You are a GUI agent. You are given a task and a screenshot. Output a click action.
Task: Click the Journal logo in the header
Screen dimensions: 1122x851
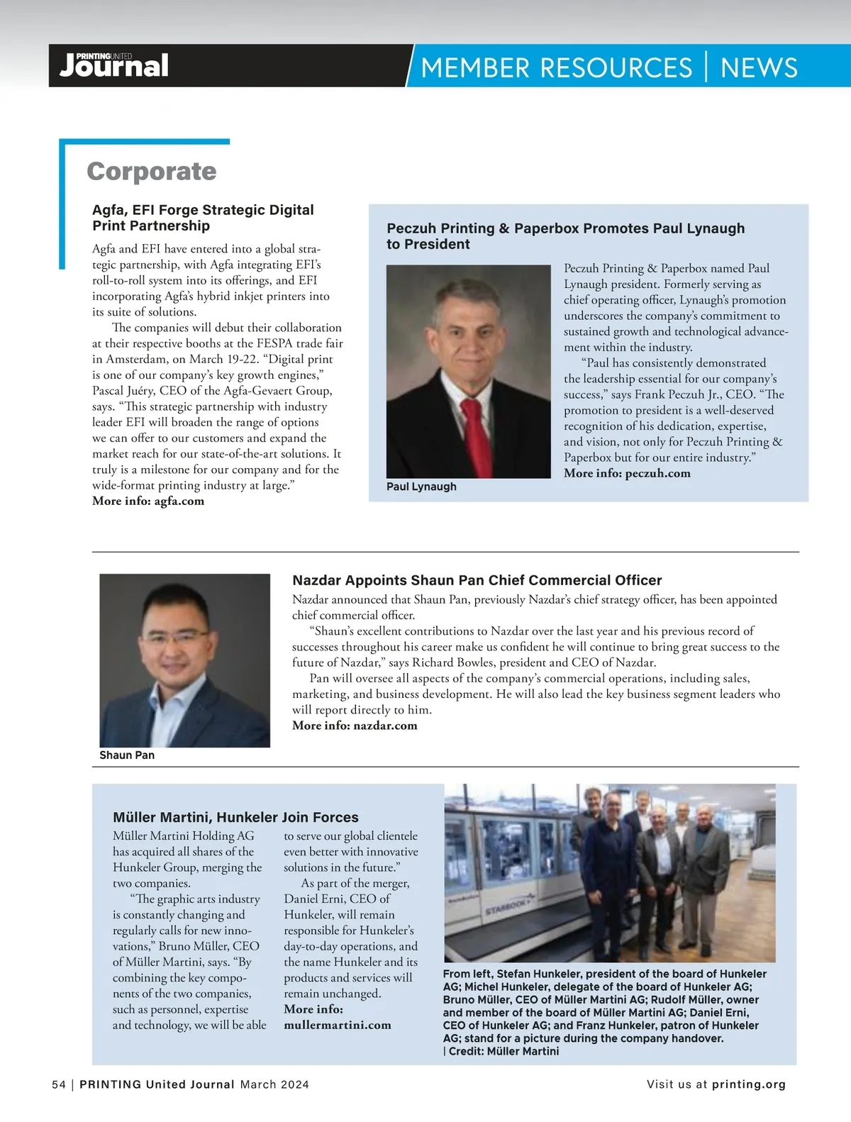click(x=113, y=66)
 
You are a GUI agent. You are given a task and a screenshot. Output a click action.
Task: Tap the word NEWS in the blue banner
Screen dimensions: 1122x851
click(x=759, y=68)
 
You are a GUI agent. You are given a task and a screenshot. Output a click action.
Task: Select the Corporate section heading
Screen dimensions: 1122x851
click(x=151, y=172)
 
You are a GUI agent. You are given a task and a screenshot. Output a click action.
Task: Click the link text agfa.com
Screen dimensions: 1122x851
click(x=179, y=501)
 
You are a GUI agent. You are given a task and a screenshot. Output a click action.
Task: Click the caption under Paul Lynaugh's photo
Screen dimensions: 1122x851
click(x=421, y=487)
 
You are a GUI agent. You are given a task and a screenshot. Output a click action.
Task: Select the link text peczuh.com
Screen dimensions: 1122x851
click(x=657, y=473)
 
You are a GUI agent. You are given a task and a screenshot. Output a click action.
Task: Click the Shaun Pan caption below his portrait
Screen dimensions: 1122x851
click(x=127, y=755)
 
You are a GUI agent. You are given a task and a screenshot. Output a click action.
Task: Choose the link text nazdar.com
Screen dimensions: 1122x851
click(x=385, y=726)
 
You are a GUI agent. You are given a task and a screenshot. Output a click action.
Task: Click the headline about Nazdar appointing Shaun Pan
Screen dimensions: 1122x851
click(x=477, y=580)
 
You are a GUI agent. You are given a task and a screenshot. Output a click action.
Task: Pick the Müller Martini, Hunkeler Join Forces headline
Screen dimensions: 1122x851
click(x=235, y=817)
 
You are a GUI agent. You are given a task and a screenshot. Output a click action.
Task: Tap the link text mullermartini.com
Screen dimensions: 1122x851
click(x=338, y=1025)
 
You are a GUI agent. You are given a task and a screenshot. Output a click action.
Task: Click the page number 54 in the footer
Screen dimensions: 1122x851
click(x=59, y=1084)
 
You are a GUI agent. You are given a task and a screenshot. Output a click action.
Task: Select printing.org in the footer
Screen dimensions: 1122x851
click(x=749, y=1084)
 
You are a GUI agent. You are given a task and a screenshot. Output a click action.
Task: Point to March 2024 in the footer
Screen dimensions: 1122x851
click(x=274, y=1084)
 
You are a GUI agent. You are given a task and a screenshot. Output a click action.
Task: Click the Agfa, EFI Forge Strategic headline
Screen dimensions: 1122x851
click(x=203, y=218)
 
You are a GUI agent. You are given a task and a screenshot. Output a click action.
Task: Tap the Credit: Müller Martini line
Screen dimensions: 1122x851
click(x=504, y=1051)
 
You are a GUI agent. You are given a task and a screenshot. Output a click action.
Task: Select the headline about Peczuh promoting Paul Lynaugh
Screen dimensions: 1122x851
click(x=565, y=235)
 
